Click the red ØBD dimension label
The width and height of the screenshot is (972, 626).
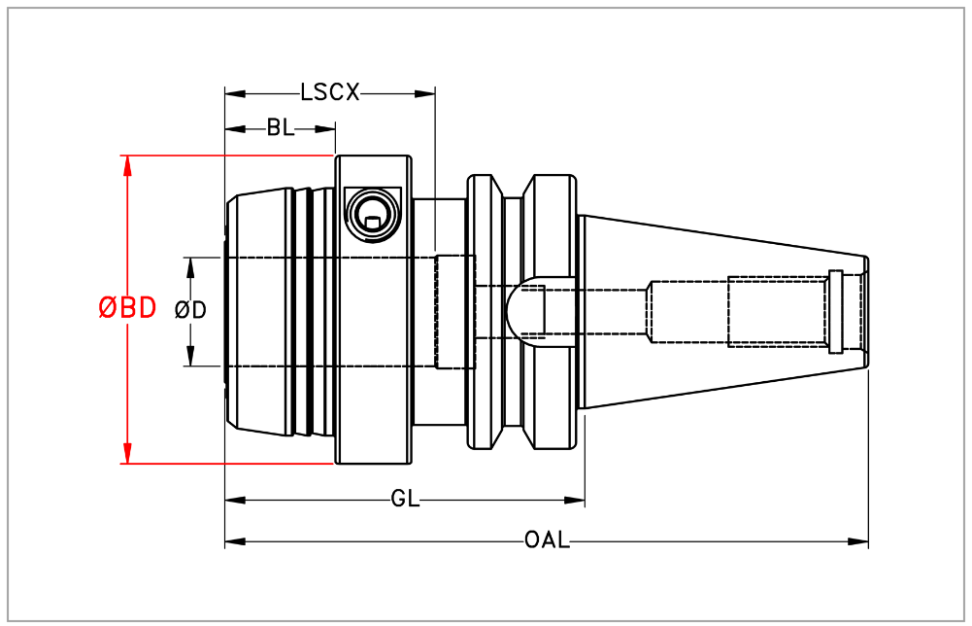tap(127, 308)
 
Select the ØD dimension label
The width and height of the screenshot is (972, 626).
tap(190, 310)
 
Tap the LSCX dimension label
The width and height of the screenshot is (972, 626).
tap(330, 93)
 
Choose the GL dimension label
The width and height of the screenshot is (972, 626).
tap(405, 501)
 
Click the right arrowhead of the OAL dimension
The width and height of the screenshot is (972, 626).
tap(859, 541)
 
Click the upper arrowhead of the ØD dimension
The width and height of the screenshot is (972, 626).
tap(190, 266)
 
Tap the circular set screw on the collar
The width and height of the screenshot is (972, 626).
tap(372, 212)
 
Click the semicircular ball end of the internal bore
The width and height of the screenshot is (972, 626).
tap(520, 311)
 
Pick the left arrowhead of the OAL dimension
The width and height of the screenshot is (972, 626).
tap(234, 541)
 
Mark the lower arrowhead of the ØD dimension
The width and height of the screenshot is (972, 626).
tap(190, 357)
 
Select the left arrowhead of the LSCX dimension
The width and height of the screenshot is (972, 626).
tap(234, 94)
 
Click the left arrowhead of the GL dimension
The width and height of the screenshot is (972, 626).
tap(234, 501)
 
